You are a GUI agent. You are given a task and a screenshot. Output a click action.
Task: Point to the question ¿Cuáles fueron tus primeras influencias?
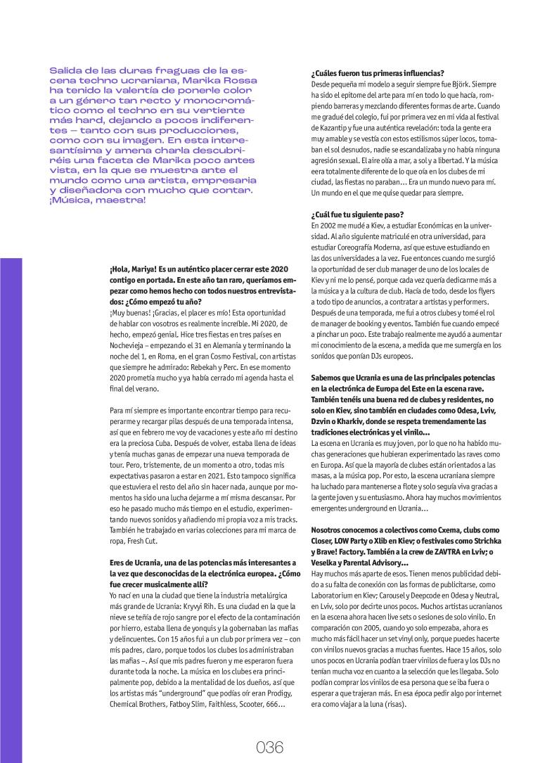[377, 73]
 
